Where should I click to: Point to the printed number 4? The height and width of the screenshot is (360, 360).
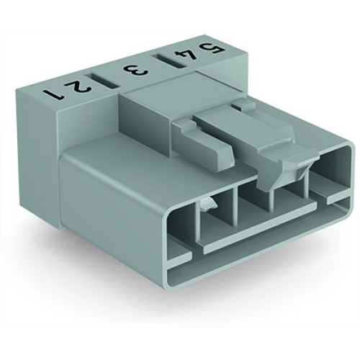click(x=172, y=57)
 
